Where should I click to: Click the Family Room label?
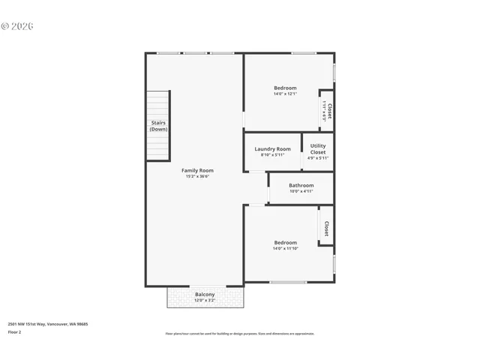pos(197,170)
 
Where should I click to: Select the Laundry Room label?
pos(272,148)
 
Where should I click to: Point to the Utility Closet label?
pos(318,148)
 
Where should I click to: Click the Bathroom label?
pos(301,184)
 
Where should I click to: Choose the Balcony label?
pos(205,294)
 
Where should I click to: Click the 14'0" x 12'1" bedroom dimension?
pos(285,94)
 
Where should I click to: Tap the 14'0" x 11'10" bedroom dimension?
pos(285,249)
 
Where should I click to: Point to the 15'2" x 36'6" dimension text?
pos(197,177)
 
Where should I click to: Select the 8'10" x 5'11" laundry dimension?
pos(272,155)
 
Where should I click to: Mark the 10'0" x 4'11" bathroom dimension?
pos(301,191)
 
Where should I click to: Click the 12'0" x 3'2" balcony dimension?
pos(205,301)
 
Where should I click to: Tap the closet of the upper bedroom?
pos(327,111)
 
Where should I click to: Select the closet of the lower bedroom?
pos(326,227)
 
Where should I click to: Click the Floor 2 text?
pos(14,331)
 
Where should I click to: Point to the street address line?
pos(48,324)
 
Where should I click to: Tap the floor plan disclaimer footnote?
pos(239,334)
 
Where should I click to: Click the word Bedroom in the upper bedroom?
pos(285,88)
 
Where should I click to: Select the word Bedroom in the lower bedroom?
pos(285,242)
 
